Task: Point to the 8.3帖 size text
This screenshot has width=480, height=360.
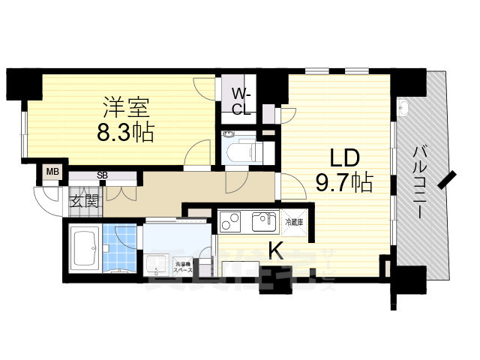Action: (124, 133)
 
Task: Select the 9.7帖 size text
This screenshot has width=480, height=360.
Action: (344, 182)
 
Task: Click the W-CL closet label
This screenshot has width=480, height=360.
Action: (240, 102)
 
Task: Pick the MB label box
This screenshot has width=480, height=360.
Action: (51, 172)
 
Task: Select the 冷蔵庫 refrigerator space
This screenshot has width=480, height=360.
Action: (293, 222)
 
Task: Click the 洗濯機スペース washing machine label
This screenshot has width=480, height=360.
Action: (184, 265)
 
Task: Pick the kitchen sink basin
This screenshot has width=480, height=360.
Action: (265, 222)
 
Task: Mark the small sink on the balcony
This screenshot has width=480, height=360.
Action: (403, 107)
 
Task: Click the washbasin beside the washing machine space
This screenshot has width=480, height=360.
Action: (157, 263)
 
